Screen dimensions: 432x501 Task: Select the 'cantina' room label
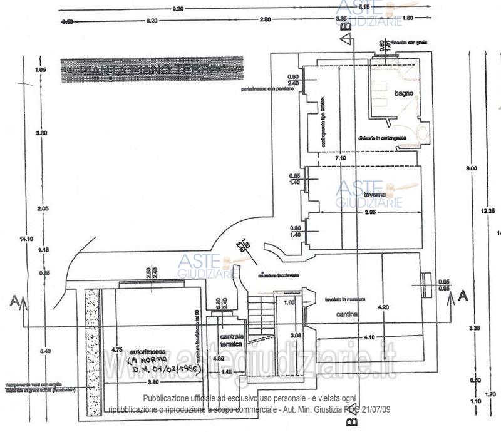coord(346,314)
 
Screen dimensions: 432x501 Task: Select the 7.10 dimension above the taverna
coord(341,159)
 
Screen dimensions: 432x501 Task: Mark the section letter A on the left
coord(14,301)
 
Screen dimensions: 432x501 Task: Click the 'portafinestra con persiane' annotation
coord(269,89)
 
